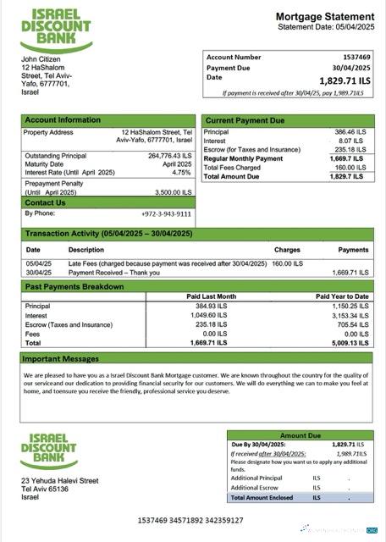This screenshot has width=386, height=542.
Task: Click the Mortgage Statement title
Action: point(325,17)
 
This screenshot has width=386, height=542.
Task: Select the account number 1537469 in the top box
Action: point(350,57)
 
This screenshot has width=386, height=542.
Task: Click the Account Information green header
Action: point(63,120)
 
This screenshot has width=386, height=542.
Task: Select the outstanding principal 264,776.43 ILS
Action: point(170,156)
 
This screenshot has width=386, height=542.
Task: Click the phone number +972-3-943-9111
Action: point(167,214)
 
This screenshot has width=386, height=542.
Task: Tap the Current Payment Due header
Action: point(245,121)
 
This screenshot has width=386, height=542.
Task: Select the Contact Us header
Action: point(45,203)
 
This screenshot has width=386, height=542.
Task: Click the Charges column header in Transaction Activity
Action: point(287,250)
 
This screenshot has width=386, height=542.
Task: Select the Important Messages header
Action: point(62,359)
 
